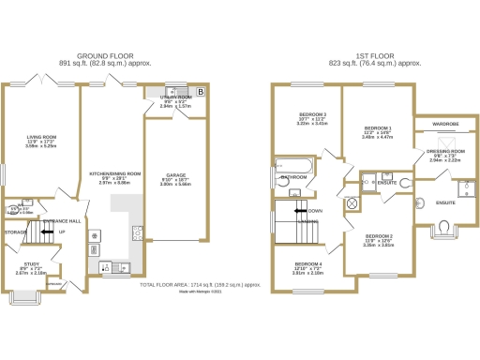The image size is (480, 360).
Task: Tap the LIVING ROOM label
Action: (x=42, y=136)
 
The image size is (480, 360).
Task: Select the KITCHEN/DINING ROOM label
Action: (x=114, y=173)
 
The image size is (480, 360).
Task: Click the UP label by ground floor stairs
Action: (x=63, y=232)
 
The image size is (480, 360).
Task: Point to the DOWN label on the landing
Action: (x=315, y=211)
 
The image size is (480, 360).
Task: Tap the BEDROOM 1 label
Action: (x=377, y=127)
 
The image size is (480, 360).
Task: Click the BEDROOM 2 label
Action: (x=379, y=235)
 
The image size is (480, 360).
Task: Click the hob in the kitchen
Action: (x=137, y=232)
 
